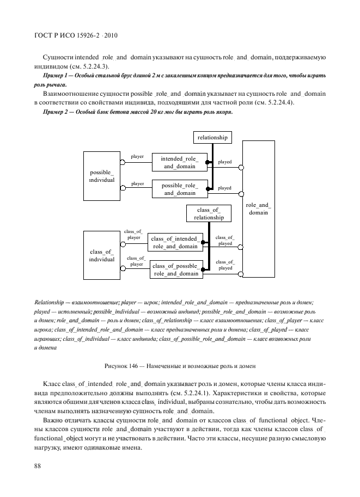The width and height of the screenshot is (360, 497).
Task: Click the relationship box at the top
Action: tap(212, 137)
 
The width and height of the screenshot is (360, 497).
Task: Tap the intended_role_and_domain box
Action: tap(179, 162)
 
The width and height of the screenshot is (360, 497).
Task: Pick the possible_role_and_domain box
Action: tap(179, 189)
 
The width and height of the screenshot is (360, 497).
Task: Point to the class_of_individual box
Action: tap(102, 255)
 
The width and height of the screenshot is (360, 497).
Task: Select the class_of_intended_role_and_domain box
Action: tap(175, 242)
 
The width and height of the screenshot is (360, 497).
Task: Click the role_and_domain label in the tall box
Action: tap(258, 208)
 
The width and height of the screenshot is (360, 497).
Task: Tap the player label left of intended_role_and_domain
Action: tap(137, 156)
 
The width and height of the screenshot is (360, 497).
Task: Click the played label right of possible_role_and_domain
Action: tap(224, 188)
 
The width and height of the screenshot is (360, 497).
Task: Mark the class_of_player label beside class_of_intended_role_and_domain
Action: tap(133, 235)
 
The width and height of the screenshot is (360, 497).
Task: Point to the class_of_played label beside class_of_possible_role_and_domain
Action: tap(225, 265)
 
